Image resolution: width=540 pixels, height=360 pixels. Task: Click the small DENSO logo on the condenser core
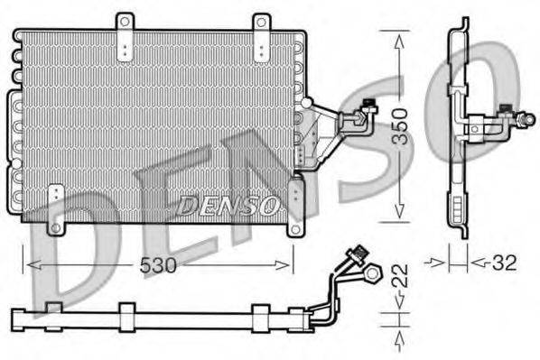pyautogui.click(x=228, y=205)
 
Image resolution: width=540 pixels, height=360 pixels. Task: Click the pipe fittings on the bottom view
pyautogui.click(x=365, y=262)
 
